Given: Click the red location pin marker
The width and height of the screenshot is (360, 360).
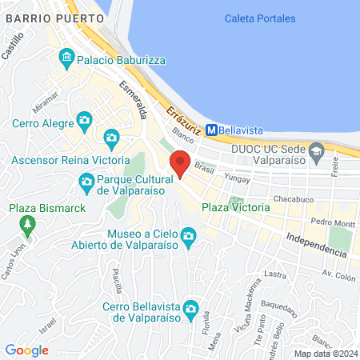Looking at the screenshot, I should pos(181,163).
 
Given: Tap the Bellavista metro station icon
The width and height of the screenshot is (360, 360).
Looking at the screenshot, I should pos(212,129).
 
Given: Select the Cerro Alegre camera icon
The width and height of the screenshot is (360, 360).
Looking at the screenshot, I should pos(84,122).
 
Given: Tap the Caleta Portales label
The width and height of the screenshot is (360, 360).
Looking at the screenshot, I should pos(260,18).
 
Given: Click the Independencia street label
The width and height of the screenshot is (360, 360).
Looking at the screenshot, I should pos(317,244).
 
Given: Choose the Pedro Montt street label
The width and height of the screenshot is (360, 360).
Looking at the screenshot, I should pos(332,222).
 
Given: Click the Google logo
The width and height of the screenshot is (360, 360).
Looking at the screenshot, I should pos(26,350).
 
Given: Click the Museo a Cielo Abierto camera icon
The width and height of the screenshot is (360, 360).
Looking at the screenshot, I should pos(189,235).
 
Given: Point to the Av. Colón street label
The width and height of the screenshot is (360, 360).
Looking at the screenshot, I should pos(338,274).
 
